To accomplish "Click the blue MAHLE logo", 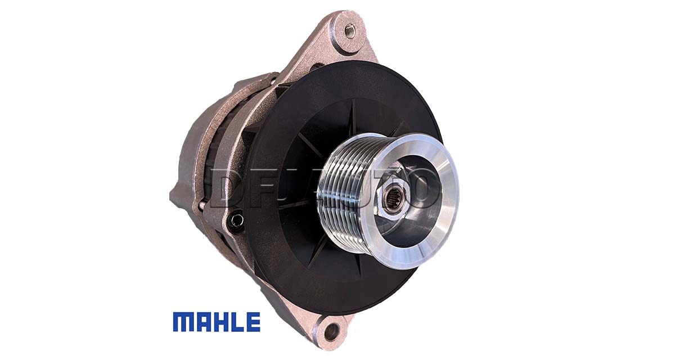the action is [217, 322].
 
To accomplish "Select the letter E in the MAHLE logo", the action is [253, 322].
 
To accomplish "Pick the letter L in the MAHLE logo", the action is [238, 322].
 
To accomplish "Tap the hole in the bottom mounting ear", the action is [332, 332].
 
